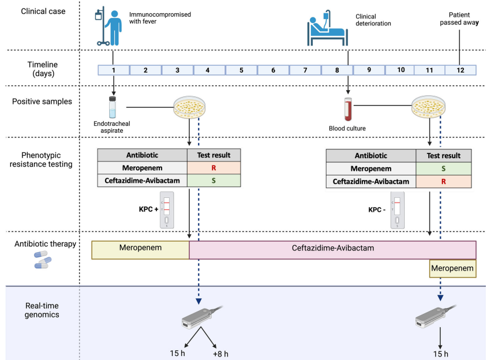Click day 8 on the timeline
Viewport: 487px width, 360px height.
337,70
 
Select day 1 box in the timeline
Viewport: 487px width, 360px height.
113,70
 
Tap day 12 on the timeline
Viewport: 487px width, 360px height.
460,70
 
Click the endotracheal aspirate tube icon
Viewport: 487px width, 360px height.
113,107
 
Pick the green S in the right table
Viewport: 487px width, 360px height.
443,168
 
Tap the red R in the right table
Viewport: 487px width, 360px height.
443,181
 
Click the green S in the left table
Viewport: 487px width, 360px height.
214,181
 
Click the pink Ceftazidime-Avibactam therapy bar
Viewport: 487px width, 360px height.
332,249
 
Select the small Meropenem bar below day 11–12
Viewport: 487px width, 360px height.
452,268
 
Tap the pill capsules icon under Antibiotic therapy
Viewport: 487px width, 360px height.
43,259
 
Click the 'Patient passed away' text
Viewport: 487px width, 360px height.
460,19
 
